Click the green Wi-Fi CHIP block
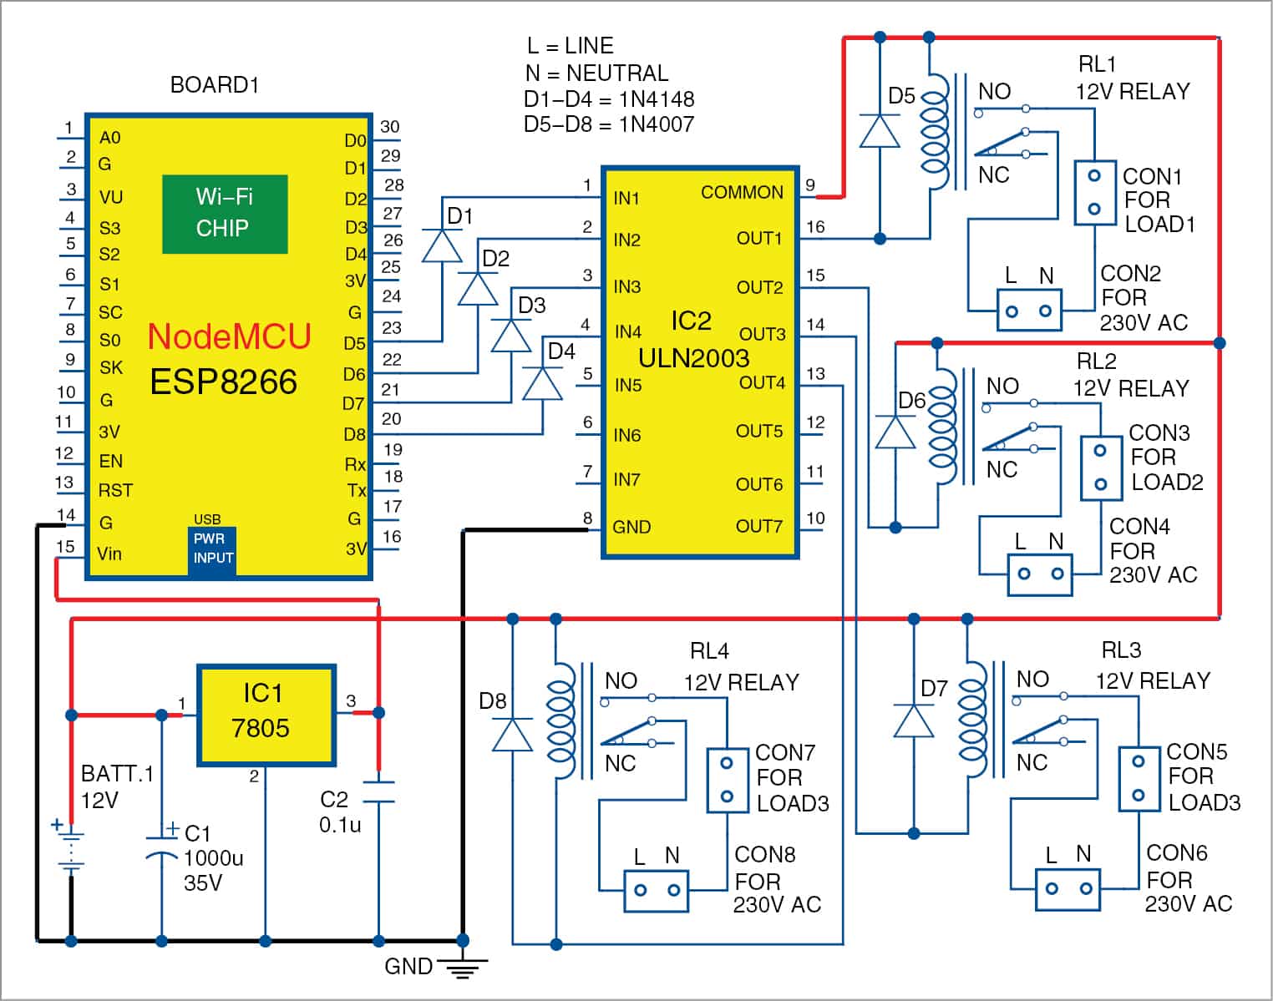(x=225, y=214)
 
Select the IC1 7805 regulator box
(x=266, y=715)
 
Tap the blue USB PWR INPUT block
(x=212, y=549)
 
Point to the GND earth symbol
(x=461, y=968)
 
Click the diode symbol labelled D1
(x=442, y=246)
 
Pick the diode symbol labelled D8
(x=512, y=736)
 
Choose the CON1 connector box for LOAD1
(x=1094, y=193)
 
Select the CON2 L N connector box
(x=1029, y=311)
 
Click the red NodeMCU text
(x=229, y=336)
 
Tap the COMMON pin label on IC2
(x=742, y=193)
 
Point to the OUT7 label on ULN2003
(x=758, y=527)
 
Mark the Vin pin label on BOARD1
(x=109, y=554)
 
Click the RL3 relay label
(x=1120, y=650)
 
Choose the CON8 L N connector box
(x=657, y=891)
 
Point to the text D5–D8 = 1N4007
(x=608, y=124)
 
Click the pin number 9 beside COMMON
(x=810, y=185)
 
